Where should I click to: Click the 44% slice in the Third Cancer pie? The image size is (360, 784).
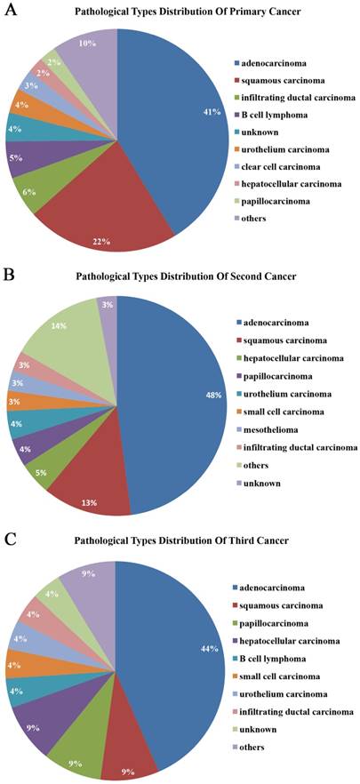tap(178, 658)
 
